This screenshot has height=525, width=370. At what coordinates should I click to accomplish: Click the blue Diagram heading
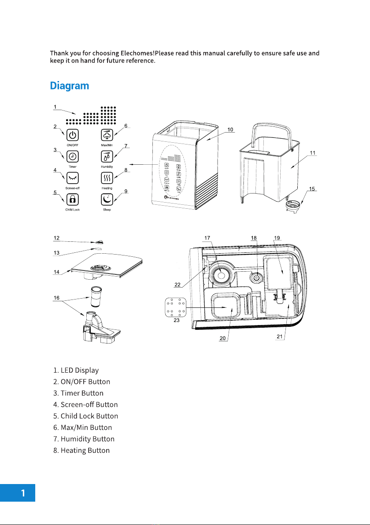point(69,86)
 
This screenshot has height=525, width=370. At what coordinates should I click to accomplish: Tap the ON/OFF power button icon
point(73,135)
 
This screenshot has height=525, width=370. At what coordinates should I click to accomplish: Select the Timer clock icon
point(73,156)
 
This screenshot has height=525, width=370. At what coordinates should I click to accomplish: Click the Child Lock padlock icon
point(73,200)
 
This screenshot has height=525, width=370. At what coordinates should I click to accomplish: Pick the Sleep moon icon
point(107,200)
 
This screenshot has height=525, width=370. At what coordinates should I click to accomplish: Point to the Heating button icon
point(107,178)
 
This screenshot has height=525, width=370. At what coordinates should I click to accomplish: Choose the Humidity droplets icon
point(107,156)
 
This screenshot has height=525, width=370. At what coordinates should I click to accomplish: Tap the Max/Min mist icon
point(107,135)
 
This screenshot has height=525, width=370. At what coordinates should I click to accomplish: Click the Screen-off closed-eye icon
point(73,178)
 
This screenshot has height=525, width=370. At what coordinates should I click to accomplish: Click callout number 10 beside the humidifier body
point(230,129)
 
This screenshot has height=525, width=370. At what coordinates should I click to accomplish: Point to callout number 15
point(312,189)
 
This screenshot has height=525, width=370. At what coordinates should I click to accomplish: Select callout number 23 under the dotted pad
point(177,321)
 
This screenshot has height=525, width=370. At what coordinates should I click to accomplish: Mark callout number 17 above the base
point(207,238)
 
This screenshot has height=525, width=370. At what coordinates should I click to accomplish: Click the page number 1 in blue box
point(23,493)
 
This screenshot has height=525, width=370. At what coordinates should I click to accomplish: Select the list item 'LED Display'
point(76,370)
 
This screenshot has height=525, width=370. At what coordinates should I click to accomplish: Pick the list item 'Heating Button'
point(81,450)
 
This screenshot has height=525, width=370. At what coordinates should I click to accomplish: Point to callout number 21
point(280,336)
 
